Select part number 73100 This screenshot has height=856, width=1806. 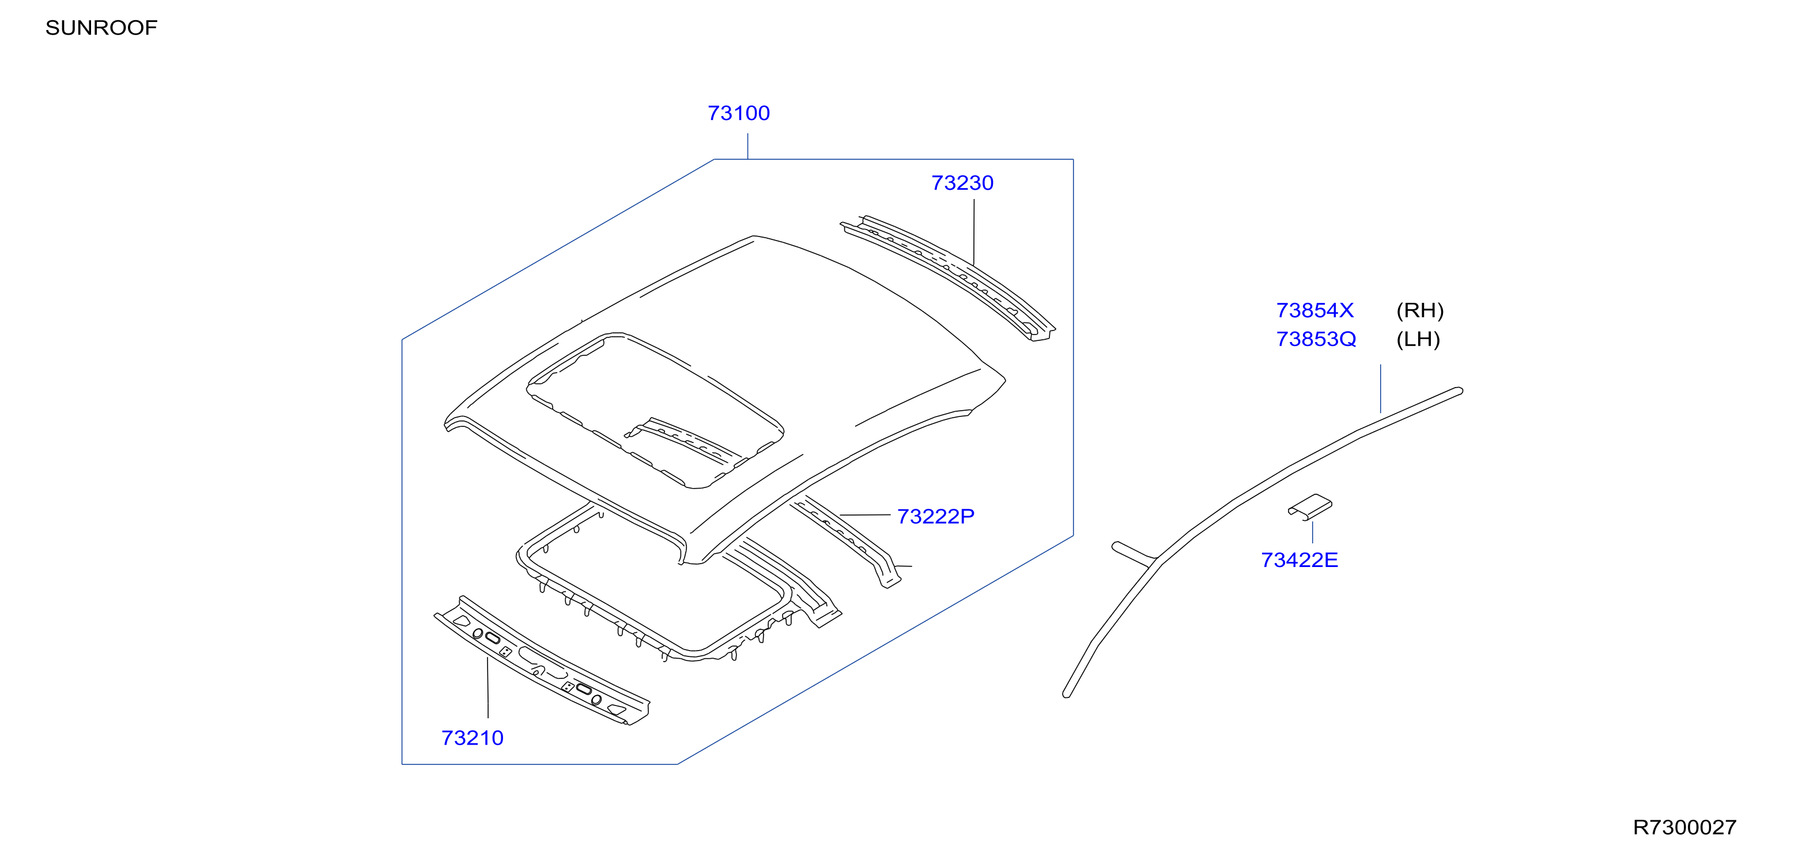click(x=738, y=113)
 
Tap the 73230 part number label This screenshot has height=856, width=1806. click(x=962, y=182)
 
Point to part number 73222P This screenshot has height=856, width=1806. click(x=935, y=516)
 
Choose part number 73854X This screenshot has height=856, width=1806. click(x=1314, y=310)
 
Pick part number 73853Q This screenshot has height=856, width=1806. click(x=1316, y=339)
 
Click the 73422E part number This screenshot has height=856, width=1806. click(x=1299, y=560)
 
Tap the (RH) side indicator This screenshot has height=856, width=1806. click(x=1420, y=310)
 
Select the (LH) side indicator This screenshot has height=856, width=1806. click(x=1418, y=339)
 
